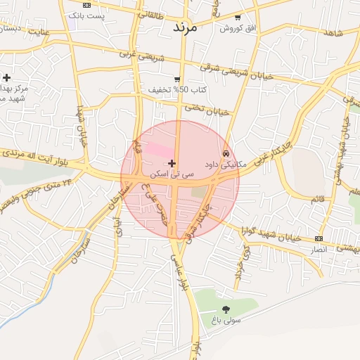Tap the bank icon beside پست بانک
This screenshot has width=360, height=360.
point(86,5)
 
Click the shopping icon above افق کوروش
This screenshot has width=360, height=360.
point(238,18)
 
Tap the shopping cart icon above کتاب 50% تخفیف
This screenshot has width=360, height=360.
point(177,79)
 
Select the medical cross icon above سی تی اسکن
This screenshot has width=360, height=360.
point(172,163)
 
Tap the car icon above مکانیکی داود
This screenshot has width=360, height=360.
point(225,153)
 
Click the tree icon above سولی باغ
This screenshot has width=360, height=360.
point(226,309)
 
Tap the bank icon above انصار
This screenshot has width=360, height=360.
point(320,239)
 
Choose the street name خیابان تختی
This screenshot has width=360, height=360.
point(207,109)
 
